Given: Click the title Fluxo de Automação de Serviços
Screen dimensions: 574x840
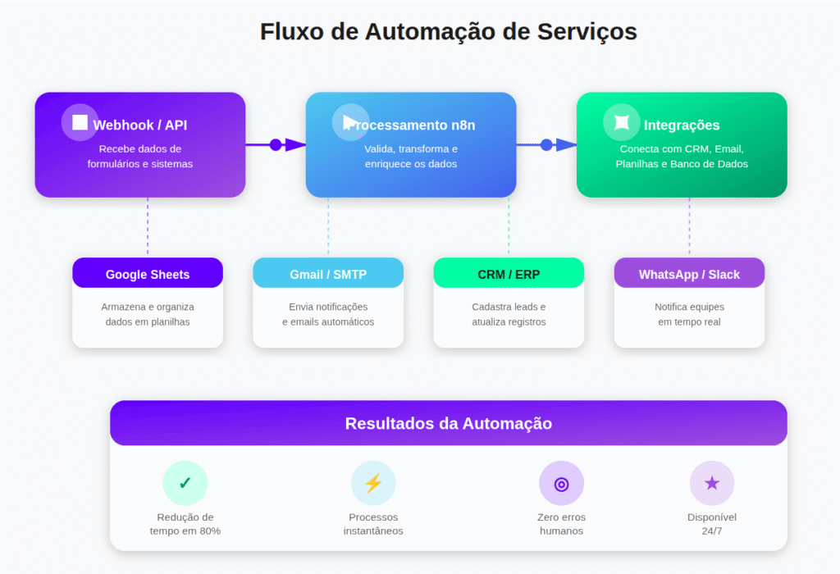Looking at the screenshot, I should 448,32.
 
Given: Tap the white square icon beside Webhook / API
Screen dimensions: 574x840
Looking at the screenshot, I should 80,122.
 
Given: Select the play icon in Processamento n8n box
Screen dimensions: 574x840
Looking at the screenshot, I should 351,122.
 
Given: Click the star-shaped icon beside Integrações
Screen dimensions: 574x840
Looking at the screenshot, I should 622,122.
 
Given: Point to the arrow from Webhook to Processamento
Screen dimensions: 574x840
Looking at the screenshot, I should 276,145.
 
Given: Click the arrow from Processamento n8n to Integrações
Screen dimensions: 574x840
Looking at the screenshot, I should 547,145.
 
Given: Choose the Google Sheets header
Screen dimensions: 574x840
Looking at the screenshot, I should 148,274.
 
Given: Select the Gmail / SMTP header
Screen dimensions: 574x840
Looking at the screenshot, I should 328,274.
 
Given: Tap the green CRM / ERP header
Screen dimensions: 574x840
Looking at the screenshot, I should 509,274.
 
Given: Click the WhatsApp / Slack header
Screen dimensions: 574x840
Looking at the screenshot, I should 689,274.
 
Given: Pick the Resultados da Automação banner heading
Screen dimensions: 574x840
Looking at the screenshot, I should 448,424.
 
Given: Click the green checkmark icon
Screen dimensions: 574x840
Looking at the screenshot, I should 185,483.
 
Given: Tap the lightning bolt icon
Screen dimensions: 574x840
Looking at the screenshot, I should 373,483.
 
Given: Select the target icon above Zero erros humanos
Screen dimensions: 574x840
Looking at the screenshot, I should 561,483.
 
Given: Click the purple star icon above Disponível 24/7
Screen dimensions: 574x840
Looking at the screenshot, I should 712,483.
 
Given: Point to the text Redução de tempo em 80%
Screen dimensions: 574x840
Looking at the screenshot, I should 185,524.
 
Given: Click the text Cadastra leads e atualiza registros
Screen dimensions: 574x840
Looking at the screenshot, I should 509,314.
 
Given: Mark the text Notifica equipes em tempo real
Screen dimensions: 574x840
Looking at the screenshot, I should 689,314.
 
